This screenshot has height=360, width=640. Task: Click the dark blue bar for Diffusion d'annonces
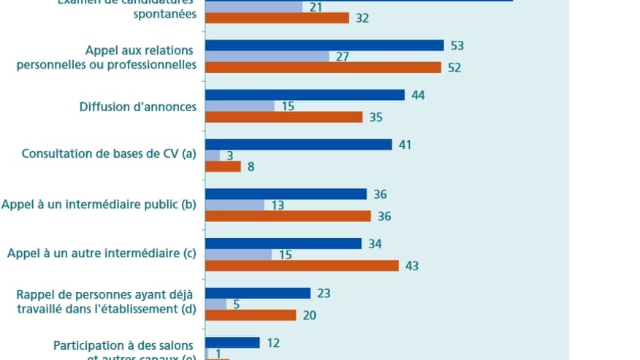tap(305, 95)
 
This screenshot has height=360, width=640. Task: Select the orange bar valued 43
tap(302, 266)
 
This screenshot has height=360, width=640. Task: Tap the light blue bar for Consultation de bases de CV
tap(213, 156)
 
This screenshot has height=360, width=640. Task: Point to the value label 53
tap(458, 45)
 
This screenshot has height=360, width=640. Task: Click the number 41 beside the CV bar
tap(405, 145)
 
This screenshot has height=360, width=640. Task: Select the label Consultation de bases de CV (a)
tap(109, 154)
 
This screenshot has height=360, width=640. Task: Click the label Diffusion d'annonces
tap(137, 107)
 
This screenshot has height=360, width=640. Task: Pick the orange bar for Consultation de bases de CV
tap(223, 166)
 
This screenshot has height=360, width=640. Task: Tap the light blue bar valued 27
tap(267, 56)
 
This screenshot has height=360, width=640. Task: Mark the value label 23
tap(324, 293)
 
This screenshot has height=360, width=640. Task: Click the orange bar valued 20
tap(251, 315)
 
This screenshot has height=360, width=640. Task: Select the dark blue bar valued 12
tap(232, 342)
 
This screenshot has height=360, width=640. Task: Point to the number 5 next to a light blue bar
tap(236, 304)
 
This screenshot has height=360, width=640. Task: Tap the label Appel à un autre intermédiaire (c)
tap(102, 254)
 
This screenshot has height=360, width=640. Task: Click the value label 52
tap(455, 67)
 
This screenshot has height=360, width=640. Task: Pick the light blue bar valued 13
tap(235, 205)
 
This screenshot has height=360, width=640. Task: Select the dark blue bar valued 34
tap(283, 243)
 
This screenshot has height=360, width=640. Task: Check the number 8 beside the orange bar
tap(251, 166)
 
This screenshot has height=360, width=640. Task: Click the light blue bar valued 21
tap(254, 7)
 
